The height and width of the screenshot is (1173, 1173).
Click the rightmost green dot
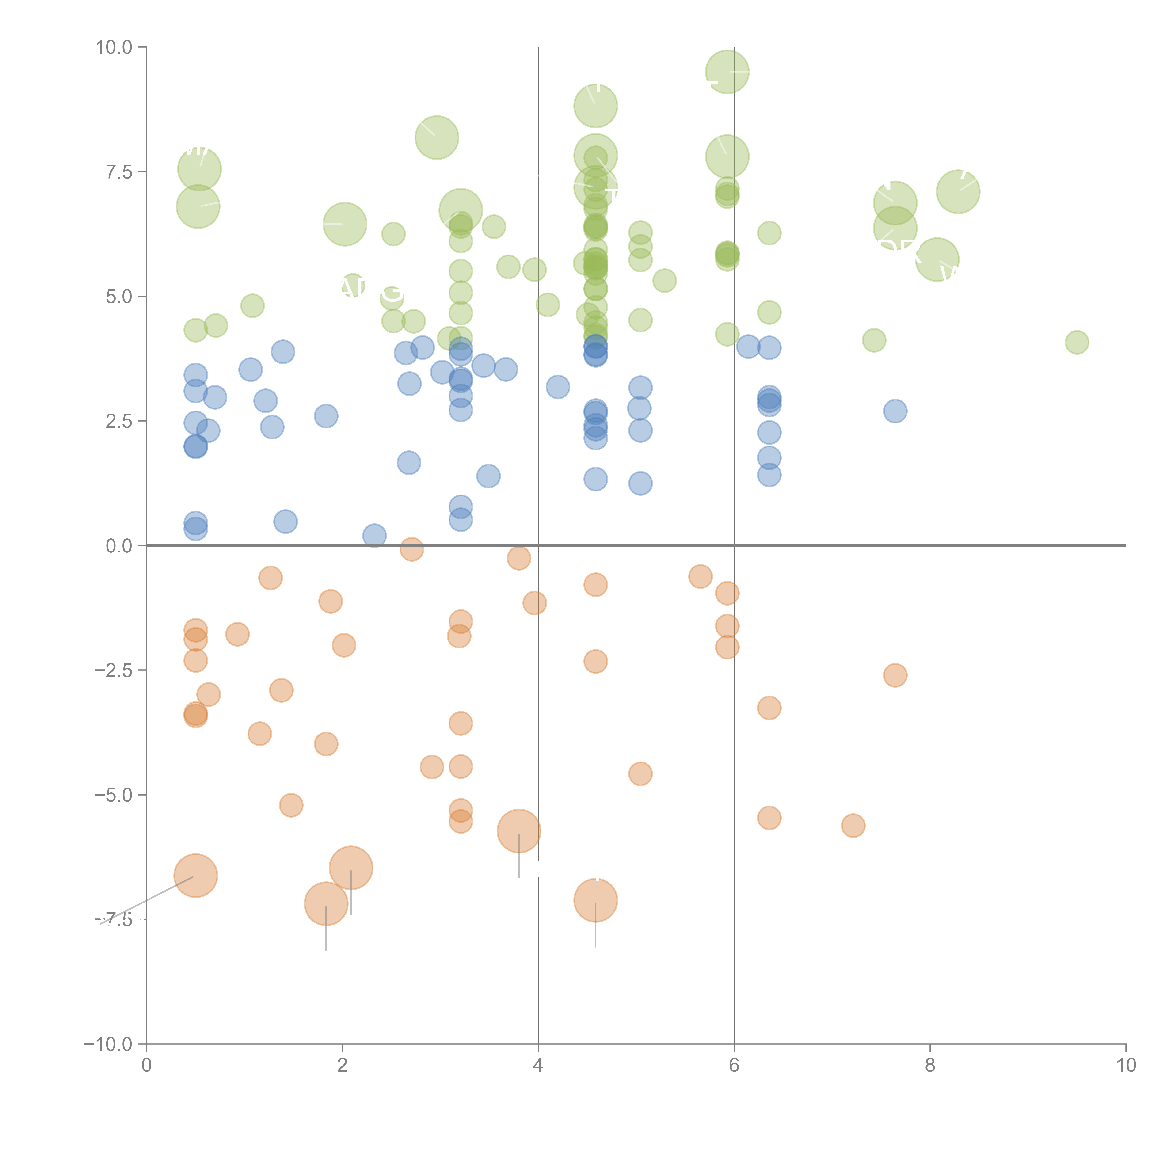click(1077, 343)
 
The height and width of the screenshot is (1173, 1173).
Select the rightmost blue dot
click(895, 411)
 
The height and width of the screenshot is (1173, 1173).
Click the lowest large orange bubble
click(326, 904)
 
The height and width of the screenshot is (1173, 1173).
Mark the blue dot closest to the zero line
click(374, 536)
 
